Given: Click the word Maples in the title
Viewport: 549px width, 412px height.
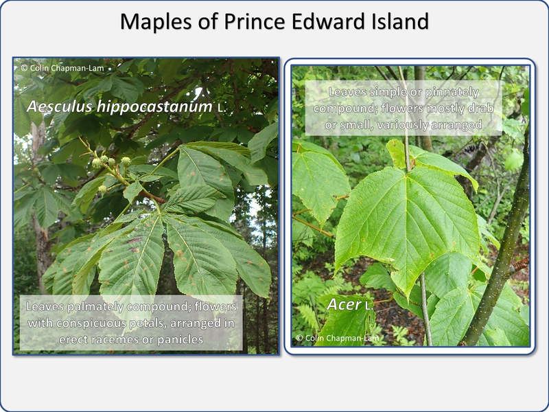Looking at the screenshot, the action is pos(156,22).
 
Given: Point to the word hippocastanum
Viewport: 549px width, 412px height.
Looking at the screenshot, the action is pos(155,107).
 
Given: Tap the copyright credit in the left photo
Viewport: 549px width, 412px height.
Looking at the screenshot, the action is pos(62,68).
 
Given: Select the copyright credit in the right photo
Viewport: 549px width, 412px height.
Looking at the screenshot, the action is pos(337,338).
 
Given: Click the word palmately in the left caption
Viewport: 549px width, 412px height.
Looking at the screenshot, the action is pos(95,307).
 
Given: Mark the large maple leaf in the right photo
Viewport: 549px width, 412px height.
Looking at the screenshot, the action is pos(406,225).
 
